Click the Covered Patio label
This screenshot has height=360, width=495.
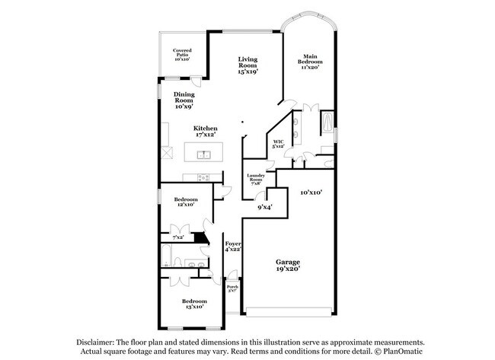pos(181,56)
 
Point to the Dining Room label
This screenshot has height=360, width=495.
pos(184,100)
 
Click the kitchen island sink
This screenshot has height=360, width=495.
pos(203,155)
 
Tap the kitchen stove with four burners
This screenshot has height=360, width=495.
pos(203,178)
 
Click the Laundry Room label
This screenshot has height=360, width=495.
pos(255,180)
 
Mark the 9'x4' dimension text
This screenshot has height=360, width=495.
pos(264,206)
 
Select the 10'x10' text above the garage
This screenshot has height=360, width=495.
pos(311,193)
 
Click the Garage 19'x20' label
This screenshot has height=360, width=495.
pos(288,264)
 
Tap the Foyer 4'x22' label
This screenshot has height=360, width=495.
pos(233,247)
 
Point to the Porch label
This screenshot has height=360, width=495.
pos(232,288)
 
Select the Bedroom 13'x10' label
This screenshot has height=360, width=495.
pos(193,304)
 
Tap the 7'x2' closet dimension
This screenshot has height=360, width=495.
pos(177,237)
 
